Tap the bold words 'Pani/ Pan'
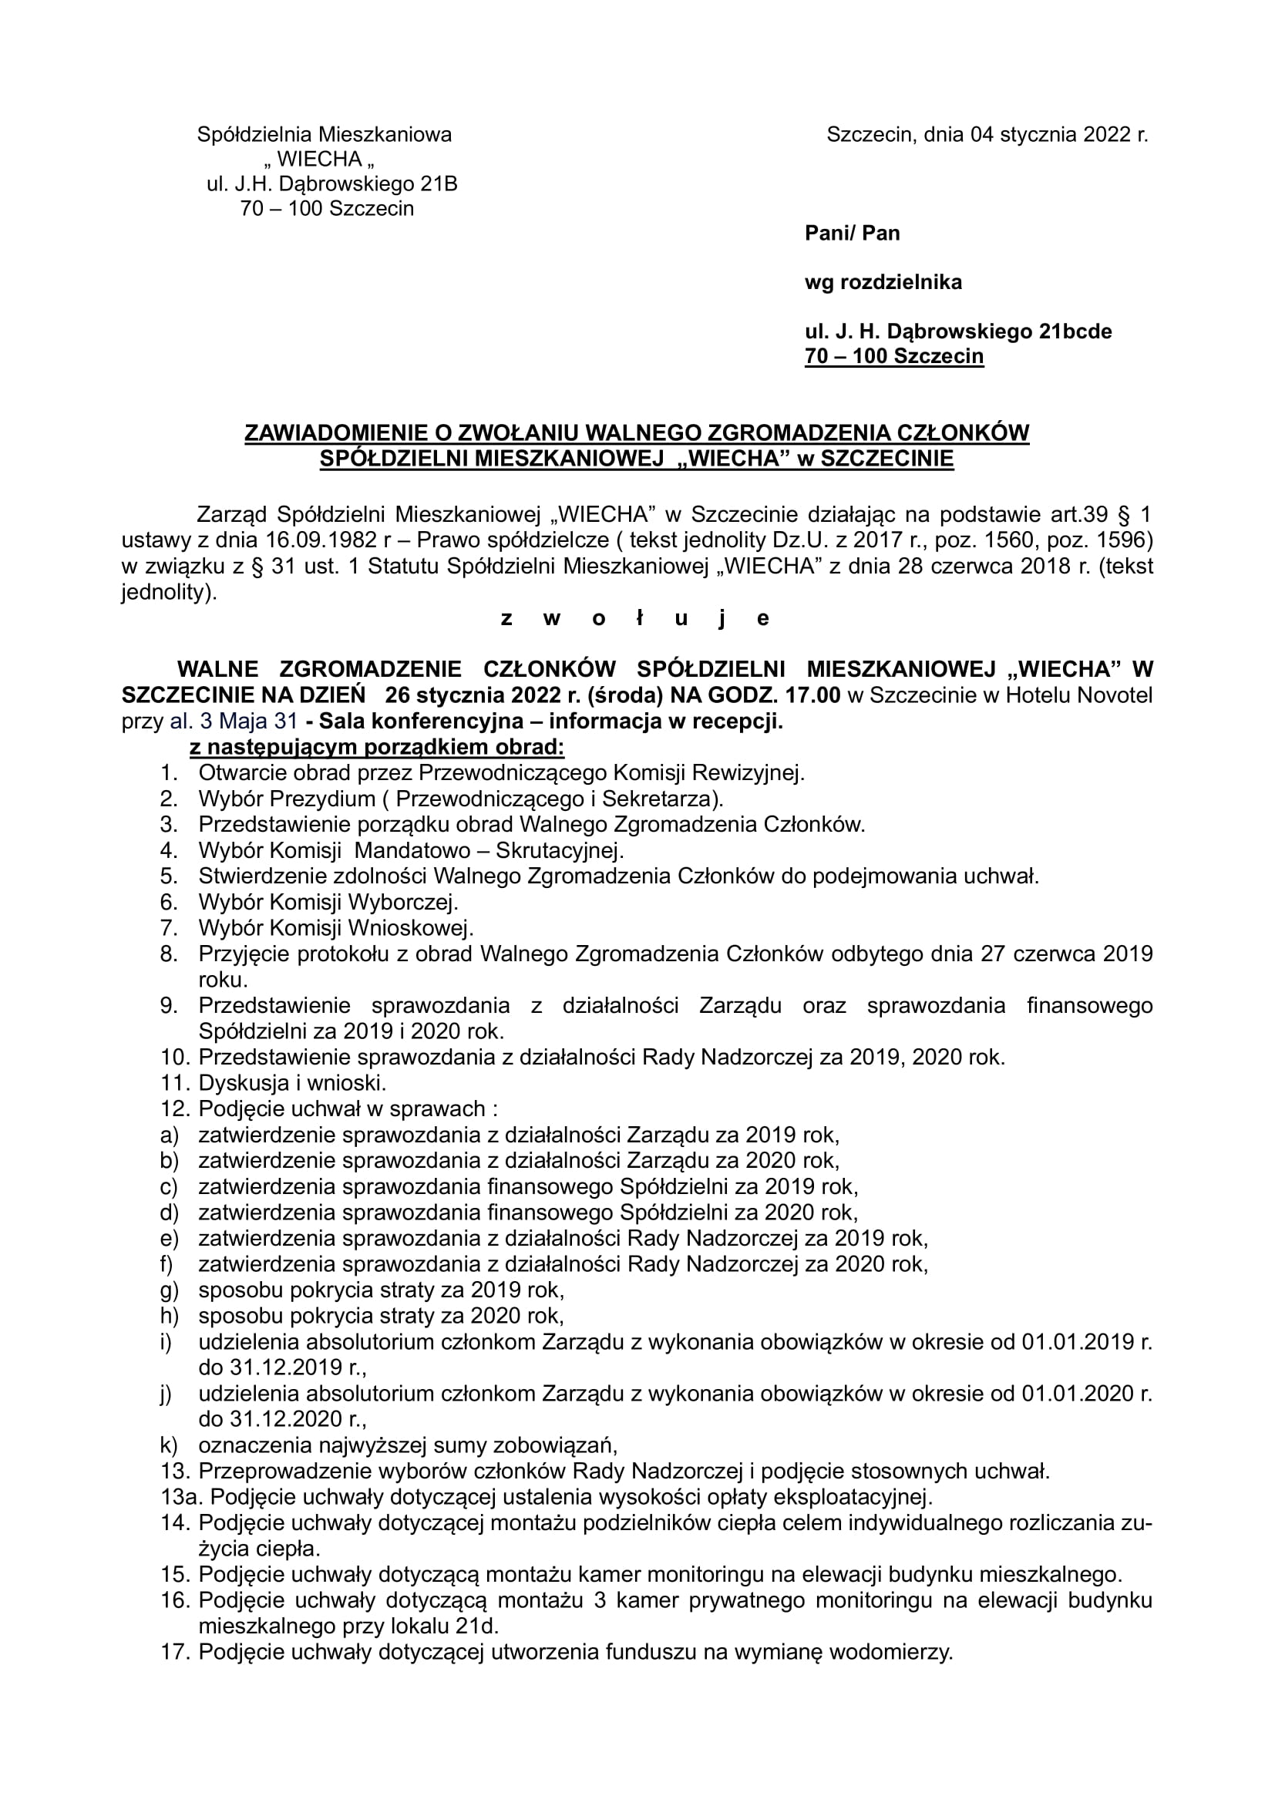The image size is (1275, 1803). [x=852, y=234]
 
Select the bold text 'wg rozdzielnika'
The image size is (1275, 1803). [x=883, y=283]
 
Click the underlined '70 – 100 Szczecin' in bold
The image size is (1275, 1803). [x=893, y=357]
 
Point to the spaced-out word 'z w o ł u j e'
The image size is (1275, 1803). [x=636, y=619]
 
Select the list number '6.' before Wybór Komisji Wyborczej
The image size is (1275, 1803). [x=170, y=902]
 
